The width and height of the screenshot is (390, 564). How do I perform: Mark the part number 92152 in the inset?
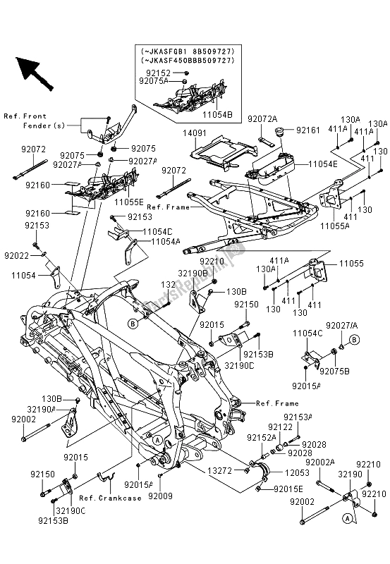click(x=160, y=73)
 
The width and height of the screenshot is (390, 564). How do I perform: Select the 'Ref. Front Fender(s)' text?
click(x=25, y=121)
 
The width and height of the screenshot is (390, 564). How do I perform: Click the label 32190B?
click(x=193, y=271)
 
